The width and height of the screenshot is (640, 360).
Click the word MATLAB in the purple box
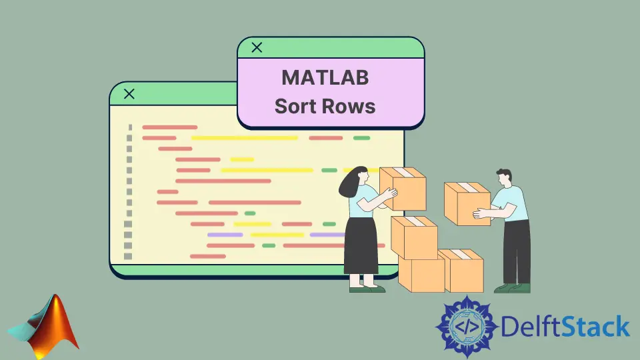(325, 77)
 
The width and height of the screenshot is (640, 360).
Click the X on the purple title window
(257, 47)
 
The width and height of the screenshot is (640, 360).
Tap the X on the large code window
(129, 94)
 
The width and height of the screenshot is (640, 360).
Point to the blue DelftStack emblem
(467, 327)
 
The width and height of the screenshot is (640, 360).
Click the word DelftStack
(565, 326)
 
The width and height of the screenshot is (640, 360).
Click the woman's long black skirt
(361, 246)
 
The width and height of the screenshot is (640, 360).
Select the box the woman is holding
(403, 188)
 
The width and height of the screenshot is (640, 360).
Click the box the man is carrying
(467, 204)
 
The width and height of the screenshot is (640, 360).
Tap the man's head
(505, 177)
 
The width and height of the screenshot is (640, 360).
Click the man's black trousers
(516, 252)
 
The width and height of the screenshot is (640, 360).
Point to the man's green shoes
(513, 288)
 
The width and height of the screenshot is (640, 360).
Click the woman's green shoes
(367, 289)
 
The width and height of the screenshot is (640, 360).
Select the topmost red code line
(170, 127)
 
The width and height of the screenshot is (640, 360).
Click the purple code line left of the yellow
(225, 235)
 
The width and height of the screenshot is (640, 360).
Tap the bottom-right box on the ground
(461, 271)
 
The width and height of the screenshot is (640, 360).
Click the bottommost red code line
(208, 256)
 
